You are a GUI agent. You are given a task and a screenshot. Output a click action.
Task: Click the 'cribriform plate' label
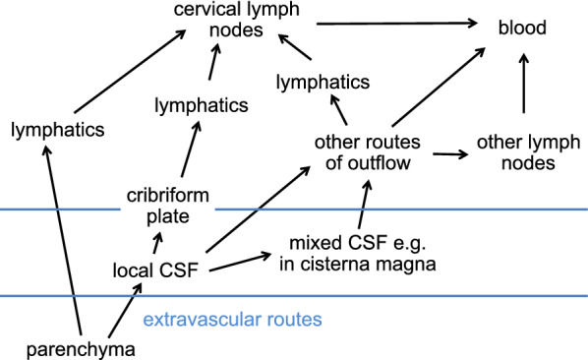tap(159, 204)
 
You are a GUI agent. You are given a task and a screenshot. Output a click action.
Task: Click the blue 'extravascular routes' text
tap(232, 320)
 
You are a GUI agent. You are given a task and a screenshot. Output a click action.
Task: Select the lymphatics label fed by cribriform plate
tap(200, 103)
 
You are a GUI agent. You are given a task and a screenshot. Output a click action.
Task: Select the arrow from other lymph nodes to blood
tap(522, 87)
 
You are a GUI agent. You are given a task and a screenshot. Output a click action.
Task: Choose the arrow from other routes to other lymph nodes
tap(447, 154)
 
